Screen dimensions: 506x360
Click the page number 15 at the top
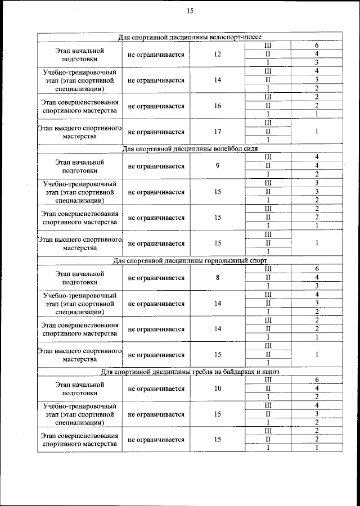(190, 11)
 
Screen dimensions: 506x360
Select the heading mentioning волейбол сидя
(190, 148)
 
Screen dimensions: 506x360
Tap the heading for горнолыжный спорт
(190, 260)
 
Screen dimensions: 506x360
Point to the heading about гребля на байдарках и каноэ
(190, 372)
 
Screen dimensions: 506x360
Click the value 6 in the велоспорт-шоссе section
(317, 46)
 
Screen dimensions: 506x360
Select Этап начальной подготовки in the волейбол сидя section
(80, 166)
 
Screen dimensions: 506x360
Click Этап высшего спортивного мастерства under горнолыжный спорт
(80, 354)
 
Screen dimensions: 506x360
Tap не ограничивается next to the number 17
(156, 132)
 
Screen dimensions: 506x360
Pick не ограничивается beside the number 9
(156, 166)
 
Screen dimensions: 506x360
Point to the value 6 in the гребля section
(317, 380)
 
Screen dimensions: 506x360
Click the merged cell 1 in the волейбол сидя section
(317, 243)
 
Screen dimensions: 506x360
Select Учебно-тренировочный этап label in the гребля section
(80, 414)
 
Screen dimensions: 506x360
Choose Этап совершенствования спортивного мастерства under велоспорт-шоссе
(80, 106)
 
